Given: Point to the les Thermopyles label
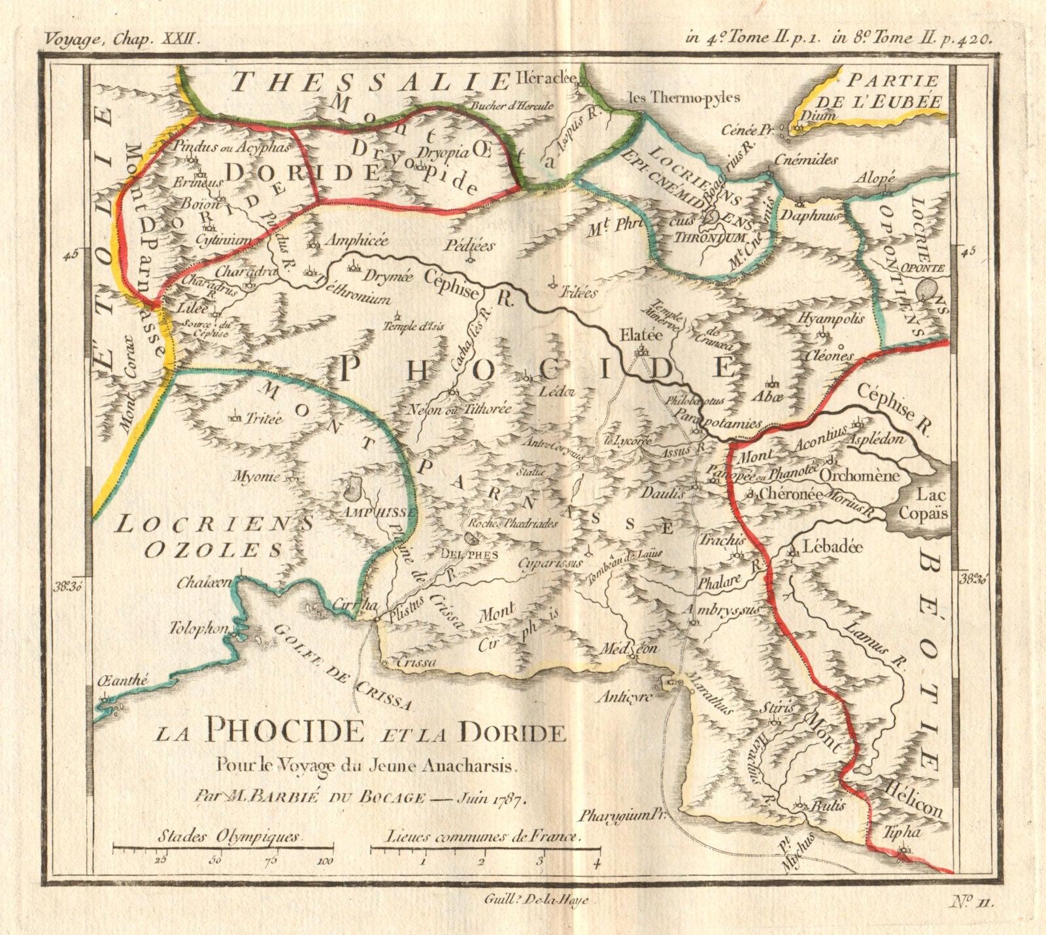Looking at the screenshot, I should (x=683, y=98).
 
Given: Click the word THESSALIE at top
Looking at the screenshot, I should (x=369, y=83).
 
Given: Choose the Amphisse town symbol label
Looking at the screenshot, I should (x=382, y=512).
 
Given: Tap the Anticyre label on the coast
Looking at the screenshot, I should (x=625, y=697).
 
